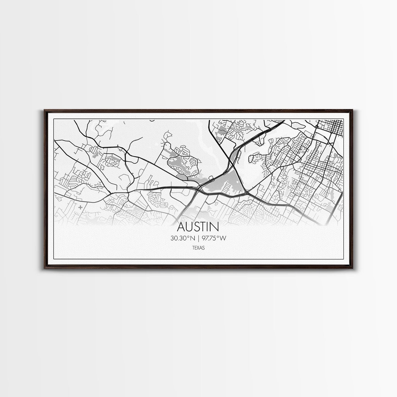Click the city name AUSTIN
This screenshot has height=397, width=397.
pyautogui.click(x=198, y=227)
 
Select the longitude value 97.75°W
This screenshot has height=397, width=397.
pyautogui.click(x=214, y=238)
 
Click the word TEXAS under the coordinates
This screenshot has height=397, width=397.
pyautogui.click(x=198, y=248)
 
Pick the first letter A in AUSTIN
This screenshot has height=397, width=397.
pyautogui.click(x=182, y=227)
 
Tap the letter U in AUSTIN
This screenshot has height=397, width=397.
pyautogui.click(x=190, y=227)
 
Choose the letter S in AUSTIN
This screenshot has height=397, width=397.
pyautogui.click(x=198, y=227)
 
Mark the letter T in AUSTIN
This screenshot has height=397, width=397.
pyautogui.click(x=204, y=227)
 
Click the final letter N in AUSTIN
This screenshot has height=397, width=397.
pyautogui.click(x=215, y=227)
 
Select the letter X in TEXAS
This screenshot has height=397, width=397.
pyautogui.click(x=198, y=248)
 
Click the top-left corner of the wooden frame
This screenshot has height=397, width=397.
pyautogui.click(x=44, y=110)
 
